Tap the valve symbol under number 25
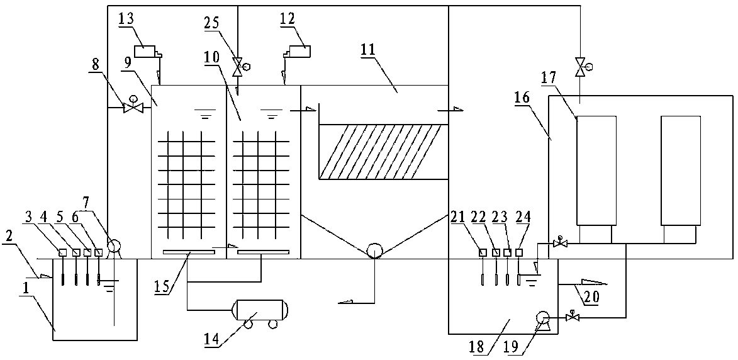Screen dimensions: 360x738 [238, 67]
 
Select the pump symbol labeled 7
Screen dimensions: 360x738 [115, 247]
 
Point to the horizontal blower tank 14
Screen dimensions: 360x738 [260, 310]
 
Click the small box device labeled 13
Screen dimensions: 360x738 [148, 50]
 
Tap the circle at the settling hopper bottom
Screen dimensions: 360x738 [374, 252]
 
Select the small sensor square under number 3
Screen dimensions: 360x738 [63, 252]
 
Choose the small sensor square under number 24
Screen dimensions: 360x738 [519, 252]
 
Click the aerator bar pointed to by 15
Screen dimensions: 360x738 [189, 253]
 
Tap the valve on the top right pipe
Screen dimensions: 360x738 [579, 65]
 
